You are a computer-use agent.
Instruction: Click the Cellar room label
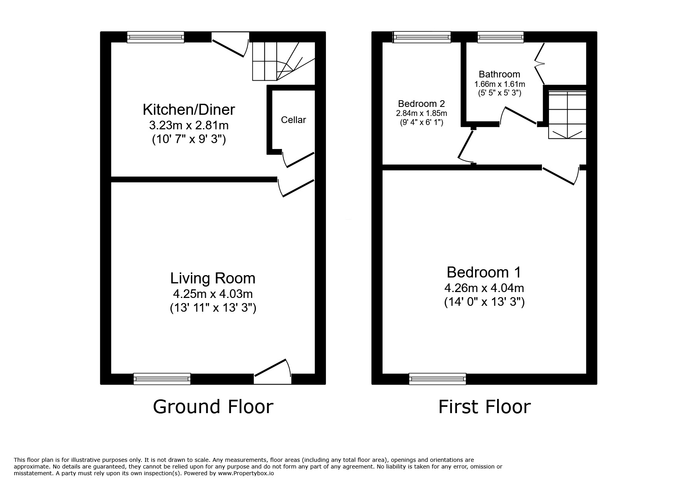coord(293,120)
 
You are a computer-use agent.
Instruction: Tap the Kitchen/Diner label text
coord(189,109)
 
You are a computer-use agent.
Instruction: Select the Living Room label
coord(213,278)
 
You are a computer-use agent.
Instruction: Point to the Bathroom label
coord(499,74)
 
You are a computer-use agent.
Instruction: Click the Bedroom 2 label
coord(422,104)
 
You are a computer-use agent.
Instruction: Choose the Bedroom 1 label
coord(484,272)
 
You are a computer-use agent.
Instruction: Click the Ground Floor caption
coord(213,407)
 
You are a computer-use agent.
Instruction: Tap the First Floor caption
coord(484,407)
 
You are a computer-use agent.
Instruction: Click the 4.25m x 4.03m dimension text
coord(213,294)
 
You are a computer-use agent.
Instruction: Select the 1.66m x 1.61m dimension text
coord(499,84)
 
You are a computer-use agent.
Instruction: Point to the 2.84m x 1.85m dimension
coord(422,113)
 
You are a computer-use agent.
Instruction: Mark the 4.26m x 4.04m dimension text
coord(484,288)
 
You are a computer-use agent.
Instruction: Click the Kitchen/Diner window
coord(155,37)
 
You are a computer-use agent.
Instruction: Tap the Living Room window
coord(162,379)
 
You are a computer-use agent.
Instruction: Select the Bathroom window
coord(501,37)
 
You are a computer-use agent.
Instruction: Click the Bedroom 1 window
coord(438,379)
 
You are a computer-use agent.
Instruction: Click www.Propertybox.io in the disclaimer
coord(246,474)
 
